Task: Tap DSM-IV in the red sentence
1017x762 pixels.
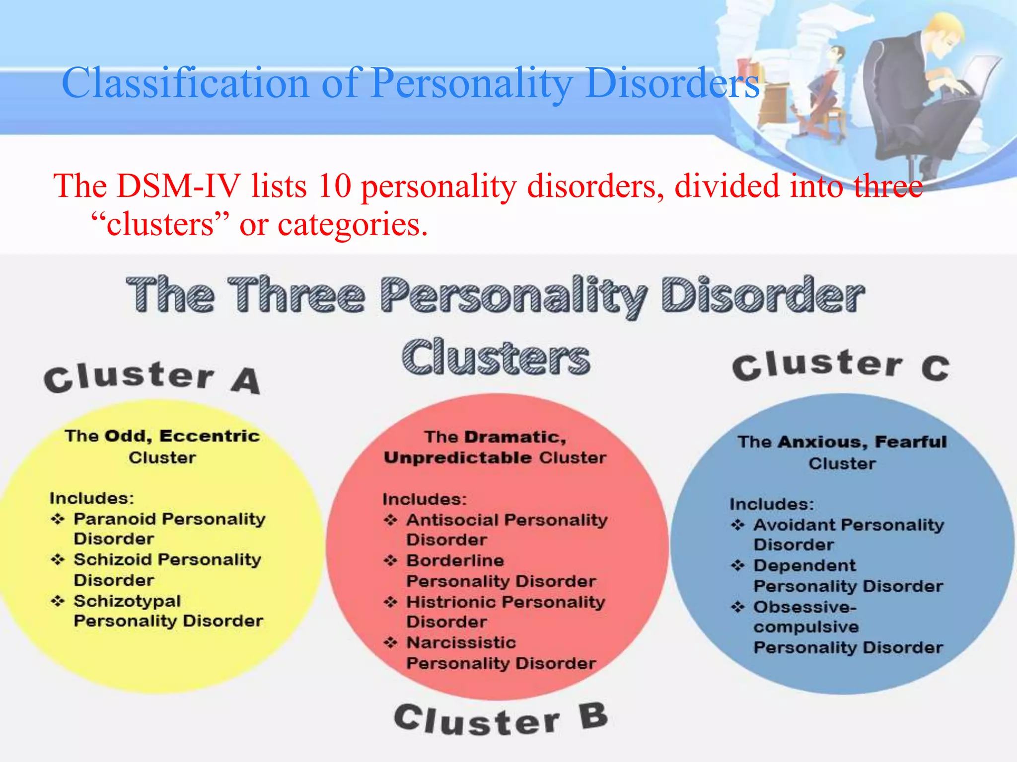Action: [179, 187]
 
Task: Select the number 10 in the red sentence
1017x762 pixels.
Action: [334, 187]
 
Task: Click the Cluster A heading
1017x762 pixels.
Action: [151, 378]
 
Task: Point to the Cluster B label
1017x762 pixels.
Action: [501, 719]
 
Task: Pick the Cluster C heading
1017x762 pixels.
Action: [841, 366]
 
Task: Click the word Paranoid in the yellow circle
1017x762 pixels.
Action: [115, 519]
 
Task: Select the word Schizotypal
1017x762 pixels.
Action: [127, 601]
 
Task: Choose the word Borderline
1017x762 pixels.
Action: [455, 561]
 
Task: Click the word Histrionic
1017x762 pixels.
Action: [451, 602]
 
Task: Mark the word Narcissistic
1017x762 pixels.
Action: [461, 642]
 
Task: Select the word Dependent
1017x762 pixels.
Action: [804, 566]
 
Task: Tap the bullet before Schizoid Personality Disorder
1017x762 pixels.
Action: [58, 560]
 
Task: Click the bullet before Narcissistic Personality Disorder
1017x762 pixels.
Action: [391, 643]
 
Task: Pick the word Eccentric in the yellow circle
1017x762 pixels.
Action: [210, 436]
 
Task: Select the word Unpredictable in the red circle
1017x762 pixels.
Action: [458, 457]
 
